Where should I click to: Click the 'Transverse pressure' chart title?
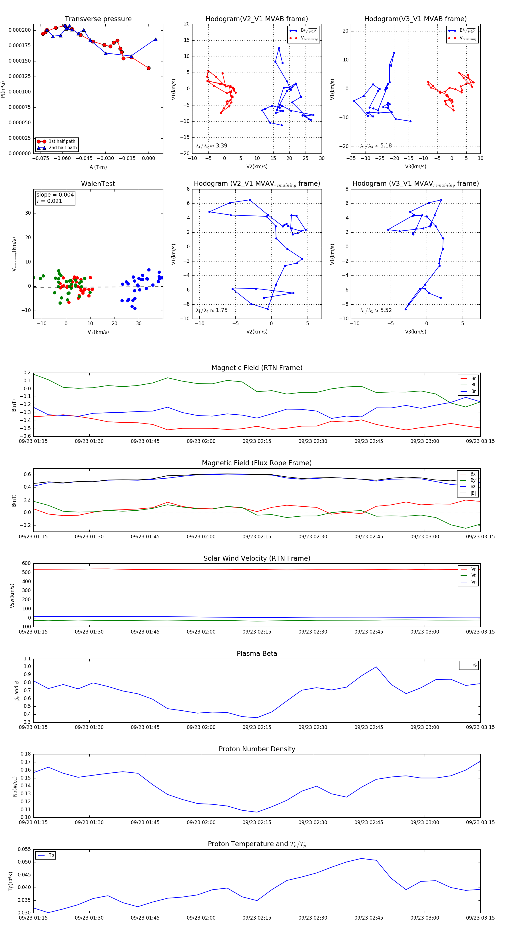(98, 19)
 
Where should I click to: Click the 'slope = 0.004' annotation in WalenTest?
(55, 195)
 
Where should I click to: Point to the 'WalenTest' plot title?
(98, 184)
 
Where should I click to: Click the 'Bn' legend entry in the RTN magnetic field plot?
(473, 391)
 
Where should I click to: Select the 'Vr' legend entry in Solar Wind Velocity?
(473, 569)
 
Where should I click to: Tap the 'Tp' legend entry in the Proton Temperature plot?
(51, 856)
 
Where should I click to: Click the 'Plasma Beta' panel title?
(257, 654)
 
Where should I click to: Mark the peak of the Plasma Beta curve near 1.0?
(376, 667)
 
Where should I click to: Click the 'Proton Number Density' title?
(257, 749)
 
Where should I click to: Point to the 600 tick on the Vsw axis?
(26, 564)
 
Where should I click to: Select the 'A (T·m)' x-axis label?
(98, 167)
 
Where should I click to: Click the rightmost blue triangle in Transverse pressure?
(155, 39)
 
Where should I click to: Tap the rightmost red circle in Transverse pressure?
(148, 68)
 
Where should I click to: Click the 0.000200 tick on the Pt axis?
(20, 30)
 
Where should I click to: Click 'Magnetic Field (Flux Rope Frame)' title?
(257, 463)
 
